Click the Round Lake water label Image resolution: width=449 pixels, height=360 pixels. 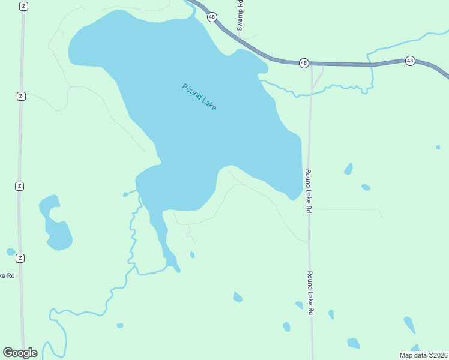point(199,97)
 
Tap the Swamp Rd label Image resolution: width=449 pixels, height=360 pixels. point(239,15)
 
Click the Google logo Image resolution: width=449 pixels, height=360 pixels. point(20,353)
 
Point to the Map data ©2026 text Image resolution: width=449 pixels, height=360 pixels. point(423,355)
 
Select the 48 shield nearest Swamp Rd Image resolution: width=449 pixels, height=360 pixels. point(212,17)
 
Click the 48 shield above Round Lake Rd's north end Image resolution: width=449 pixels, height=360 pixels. point(304,62)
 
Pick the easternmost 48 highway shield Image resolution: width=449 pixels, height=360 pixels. point(410,61)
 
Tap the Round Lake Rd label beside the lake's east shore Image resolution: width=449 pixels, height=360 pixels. point(308,191)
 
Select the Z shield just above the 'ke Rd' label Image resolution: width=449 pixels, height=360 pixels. point(20,258)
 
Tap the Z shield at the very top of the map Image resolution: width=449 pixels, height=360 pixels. point(23,6)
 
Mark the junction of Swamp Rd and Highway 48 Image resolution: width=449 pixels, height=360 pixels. point(240,40)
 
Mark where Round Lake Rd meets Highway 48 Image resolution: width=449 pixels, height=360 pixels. point(312,64)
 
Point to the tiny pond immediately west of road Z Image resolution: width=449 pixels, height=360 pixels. point(11,252)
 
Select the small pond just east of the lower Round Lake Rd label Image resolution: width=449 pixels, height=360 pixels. point(331,314)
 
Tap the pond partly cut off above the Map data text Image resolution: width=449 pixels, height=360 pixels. point(415,348)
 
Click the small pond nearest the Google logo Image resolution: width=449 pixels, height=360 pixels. point(120,326)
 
